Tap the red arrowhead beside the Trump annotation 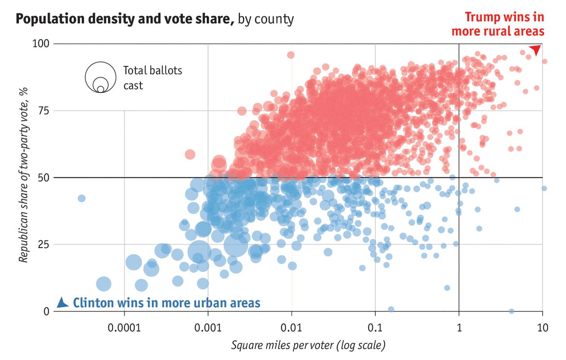click(535, 49)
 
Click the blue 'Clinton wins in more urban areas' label click(167, 303)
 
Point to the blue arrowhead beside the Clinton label click(62, 303)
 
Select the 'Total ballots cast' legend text click(152, 78)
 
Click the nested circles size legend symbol click(100, 78)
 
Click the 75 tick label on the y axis click(44, 110)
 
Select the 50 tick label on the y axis click(44, 177)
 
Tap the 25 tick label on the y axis click(44, 244)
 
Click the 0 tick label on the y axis click(46, 311)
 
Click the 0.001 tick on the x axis click(208, 328)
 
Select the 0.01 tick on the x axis click(291, 328)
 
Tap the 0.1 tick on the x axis click(375, 328)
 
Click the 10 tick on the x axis click(542, 328)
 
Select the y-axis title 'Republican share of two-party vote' click(23, 177)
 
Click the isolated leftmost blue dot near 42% click(81, 198)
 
